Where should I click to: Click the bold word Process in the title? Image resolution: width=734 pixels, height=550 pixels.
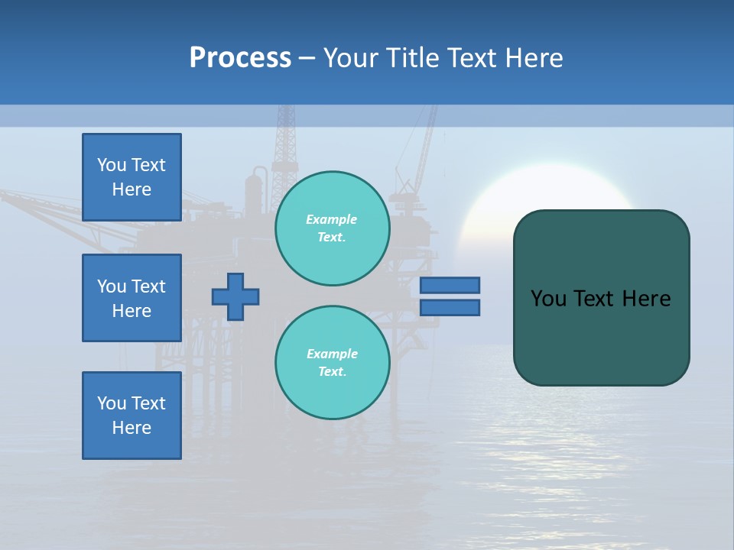coord(240,58)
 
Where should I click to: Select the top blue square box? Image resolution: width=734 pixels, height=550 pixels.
coord(132,177)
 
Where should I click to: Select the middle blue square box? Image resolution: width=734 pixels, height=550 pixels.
coord(132,298)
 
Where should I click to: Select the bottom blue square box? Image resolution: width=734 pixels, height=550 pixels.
coord(132,415)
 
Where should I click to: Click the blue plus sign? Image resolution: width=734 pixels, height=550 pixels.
coord(235,296)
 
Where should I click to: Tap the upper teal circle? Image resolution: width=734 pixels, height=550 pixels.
coord(332,228)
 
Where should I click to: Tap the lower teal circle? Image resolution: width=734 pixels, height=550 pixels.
coord(332,363)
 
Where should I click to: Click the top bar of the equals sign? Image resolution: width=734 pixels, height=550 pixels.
coord(450,285)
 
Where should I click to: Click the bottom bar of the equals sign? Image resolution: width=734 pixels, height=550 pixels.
coord(450,307)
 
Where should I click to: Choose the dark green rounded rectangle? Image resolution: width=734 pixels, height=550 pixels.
coord(601,336)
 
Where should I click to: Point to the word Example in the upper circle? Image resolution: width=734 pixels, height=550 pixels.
coord(331,219)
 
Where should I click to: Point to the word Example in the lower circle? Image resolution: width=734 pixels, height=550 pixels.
coord(332,354)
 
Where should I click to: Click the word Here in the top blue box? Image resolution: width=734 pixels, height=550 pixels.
coord(132,189)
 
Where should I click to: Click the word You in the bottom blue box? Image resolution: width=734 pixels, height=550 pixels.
coord(111,403)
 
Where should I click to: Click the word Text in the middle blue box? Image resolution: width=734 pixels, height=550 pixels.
coord(148,286)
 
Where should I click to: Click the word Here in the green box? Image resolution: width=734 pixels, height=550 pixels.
coord(646,299)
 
